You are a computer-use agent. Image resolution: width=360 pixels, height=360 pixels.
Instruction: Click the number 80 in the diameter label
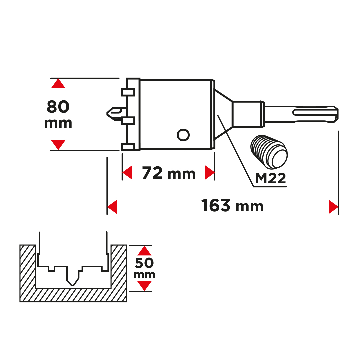click(x=58, y=107)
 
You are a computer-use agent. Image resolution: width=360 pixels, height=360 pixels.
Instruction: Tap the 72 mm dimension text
click(x=169, y=173)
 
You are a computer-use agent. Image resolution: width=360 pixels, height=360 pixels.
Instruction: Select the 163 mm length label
click(x=232, y=206)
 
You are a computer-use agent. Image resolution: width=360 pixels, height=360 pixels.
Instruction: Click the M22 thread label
click(x=270, y=179)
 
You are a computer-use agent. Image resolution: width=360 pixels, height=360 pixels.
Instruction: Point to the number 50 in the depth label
click(x=144, y=263)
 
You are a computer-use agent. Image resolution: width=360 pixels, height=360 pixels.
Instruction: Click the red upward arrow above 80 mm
click(x=58, y=83)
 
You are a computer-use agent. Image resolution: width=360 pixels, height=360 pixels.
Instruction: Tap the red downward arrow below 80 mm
click(x=58, y=145)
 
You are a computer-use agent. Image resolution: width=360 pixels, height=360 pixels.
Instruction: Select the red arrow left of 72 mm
click(x=128, y=173)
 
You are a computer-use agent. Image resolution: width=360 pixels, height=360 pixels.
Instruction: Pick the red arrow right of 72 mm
click(x=209, y=173)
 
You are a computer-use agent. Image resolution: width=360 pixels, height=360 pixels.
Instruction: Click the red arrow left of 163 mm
click(x=112, y=207)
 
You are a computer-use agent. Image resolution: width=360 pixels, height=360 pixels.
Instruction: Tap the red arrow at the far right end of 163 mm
click(x=333, y=207)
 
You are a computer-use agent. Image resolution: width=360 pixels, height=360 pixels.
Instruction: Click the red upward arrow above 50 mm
click(x=144, y=251)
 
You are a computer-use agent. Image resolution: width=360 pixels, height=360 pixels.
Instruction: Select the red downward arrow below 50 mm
click(x=144, y=286)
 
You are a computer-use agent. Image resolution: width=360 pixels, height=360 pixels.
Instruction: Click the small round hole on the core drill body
click(x=183, y=135)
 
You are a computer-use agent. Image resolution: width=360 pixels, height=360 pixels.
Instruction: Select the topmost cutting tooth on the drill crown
click(x=128, y=92)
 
